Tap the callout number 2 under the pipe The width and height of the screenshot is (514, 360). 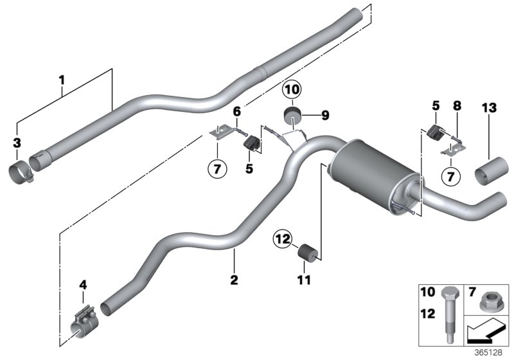pyautogui.click(x=234, y=280)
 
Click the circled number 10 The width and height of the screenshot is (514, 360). pyautogui.click(x=292, y=89)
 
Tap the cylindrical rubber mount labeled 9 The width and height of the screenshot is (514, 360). pyautogui.click(x=292, y=118)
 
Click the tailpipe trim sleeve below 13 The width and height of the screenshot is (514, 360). pyautogui.click(x=491, y=172)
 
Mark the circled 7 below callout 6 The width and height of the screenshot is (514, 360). pyautogui.click(x=217, y=170)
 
